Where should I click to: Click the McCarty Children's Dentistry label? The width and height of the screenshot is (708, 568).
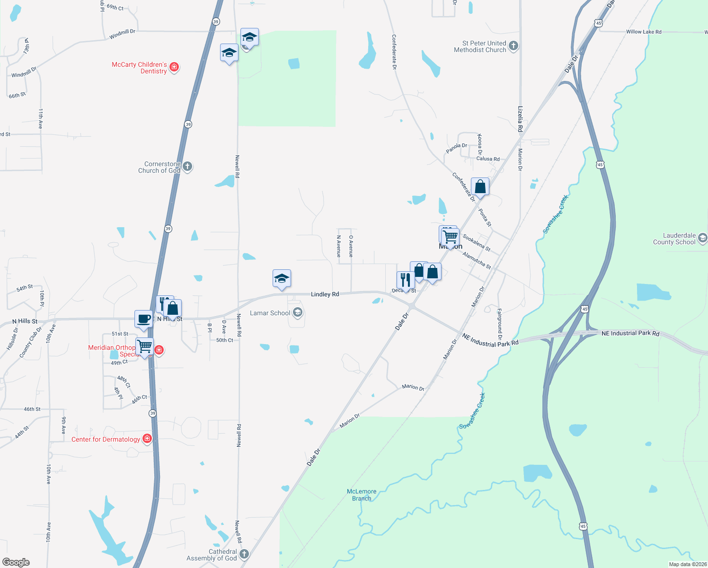click(x=139, y=68)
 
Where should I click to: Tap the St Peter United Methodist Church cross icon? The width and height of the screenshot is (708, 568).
click(x=513, y=46)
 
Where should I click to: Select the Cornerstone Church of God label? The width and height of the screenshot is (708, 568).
click(x=159, y=167)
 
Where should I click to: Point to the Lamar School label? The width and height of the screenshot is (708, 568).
click(x=270, y=313)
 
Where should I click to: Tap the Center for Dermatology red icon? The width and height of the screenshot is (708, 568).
click(x=147, y=439)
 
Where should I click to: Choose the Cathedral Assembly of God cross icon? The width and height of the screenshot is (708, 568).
click(x=244, y=554)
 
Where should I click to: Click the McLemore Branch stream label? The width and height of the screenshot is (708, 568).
click(x=362, y=495)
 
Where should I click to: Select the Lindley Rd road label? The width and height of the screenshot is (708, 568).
click(x=325, y=294)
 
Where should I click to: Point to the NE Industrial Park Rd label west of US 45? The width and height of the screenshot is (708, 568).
click(x=490, y=340)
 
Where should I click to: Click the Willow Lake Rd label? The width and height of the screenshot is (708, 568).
click(x=644, y=32)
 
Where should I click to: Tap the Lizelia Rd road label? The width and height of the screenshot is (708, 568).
click(x=520, y=119)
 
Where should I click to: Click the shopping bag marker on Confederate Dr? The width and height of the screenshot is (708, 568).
click(x=480, y=187)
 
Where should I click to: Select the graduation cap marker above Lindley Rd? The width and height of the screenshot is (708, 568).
click(x=282, y=279)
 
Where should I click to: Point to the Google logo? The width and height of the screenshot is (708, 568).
click(x=16, y=562)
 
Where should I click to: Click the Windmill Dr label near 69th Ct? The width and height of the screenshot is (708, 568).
click(x=122, y=34)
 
